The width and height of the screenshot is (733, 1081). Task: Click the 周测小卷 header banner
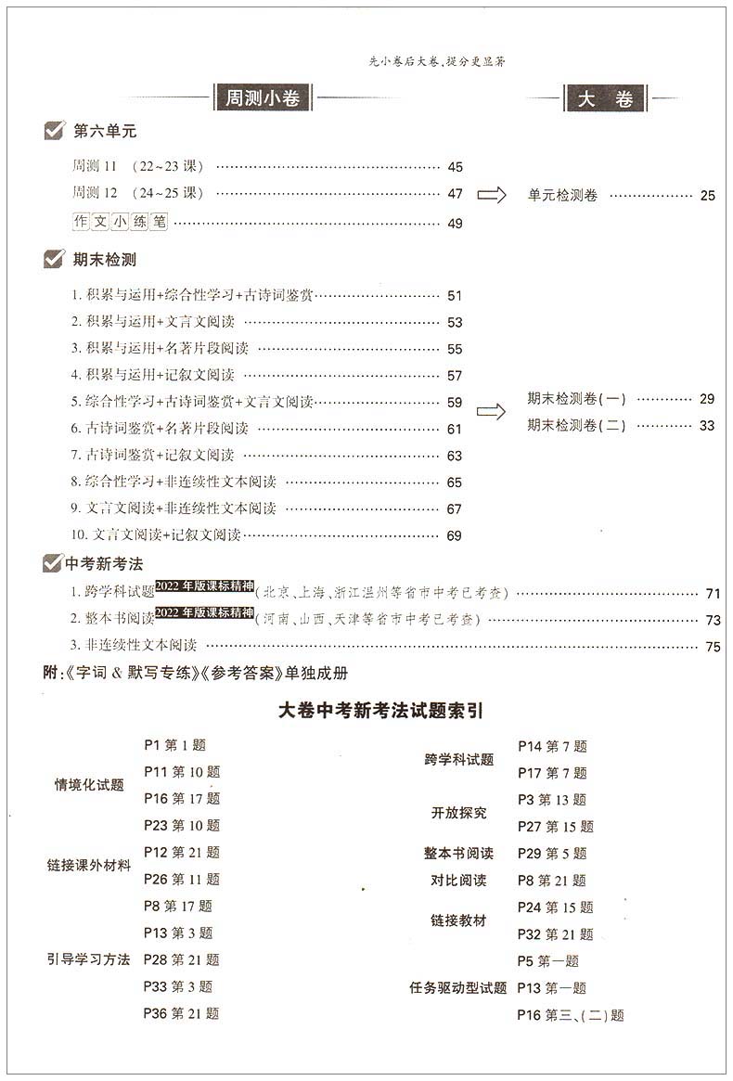pos(263,97)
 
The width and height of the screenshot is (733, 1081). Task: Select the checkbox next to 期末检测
pos(54,260)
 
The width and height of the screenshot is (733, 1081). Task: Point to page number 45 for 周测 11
pos(455,168)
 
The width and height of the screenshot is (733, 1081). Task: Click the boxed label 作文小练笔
pos(121,223)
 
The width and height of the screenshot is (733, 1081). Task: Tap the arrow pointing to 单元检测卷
pos(491,195)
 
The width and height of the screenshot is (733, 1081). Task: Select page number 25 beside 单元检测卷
pos(708,196)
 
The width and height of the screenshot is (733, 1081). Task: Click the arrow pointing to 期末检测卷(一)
pos(491,411)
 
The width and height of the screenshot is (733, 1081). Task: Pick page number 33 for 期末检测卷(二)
pos(708,426)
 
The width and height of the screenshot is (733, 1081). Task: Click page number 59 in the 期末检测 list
pos(455,403)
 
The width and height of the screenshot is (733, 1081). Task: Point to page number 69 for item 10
pos(455,535)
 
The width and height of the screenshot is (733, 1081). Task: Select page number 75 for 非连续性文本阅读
pos(713,648)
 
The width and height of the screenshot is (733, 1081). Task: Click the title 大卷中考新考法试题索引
pos(367,711)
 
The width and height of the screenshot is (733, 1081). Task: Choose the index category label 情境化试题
pos(89,785)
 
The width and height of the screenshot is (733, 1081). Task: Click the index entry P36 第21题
pos(181,1013)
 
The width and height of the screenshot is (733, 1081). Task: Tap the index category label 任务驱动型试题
pos(458,988)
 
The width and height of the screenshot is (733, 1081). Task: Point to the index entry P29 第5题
pos(552,854)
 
